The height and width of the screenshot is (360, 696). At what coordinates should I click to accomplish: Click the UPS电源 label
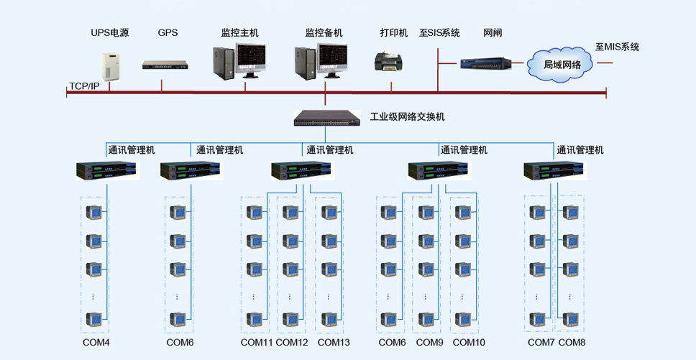[x=109, y=33]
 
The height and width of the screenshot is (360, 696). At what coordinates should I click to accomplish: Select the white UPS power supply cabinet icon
[x=111, y=67]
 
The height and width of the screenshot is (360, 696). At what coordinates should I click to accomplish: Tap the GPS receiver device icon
[x=165, y=66]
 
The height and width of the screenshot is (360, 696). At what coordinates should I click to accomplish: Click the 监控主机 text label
[x=239, y=33]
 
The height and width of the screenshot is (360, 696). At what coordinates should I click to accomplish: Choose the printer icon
[x=390, y=61]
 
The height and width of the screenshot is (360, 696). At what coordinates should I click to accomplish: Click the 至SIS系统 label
[x=439, y=33]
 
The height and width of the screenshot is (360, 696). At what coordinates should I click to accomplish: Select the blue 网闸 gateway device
[x=485, y=63]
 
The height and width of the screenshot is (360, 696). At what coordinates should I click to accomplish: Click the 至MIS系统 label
[x=618, y=47]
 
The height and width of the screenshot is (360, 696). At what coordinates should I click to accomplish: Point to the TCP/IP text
[x=84, y=86]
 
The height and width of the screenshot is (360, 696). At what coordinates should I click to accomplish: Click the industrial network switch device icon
[x=326, y=118]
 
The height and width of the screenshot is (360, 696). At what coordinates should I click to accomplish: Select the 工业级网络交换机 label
[x=408, y=117]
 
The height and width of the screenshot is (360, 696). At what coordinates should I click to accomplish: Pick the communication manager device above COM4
[x=108, y=171]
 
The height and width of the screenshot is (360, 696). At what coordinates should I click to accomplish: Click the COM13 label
[x=334, y=343]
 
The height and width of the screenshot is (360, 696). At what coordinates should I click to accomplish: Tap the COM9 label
[x=430, y=343]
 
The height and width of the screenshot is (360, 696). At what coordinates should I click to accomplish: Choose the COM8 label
[x=572, y=343]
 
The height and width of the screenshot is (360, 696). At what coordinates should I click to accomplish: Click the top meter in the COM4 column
[x=93, y=213]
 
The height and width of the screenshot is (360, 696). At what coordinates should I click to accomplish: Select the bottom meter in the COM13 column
[x=329, y=320]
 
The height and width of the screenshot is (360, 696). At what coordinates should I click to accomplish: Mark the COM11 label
[x=257, y=343]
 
